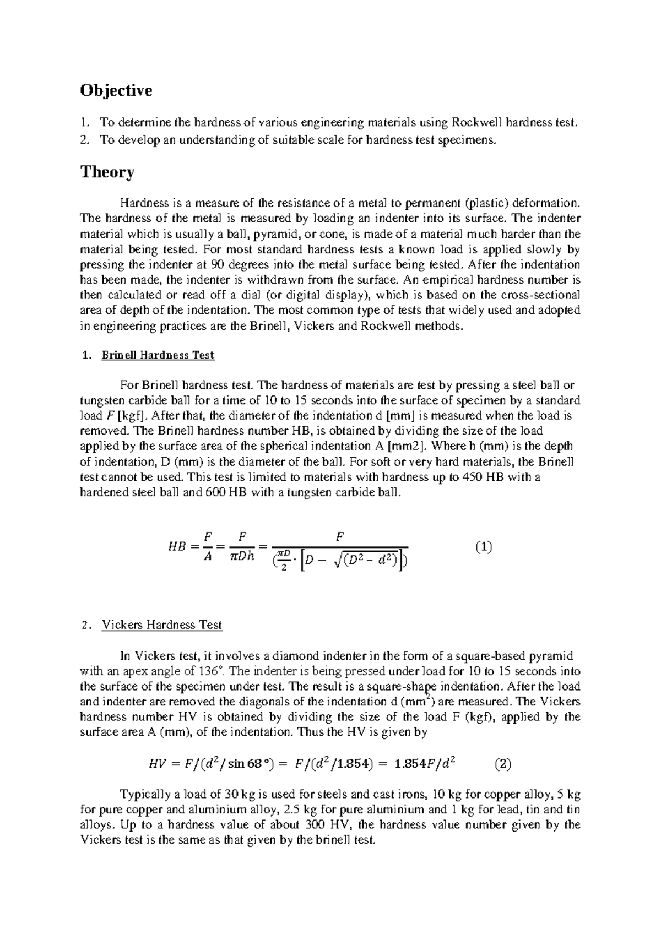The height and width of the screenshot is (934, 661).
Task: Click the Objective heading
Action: click(116, 90)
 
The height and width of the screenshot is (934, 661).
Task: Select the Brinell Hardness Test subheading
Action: click(158, 355)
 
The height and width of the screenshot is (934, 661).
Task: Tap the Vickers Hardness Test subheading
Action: click(161, 625)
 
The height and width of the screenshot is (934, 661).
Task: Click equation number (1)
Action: click(483, 547)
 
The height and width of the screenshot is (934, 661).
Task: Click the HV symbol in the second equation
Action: click(157, 764)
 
